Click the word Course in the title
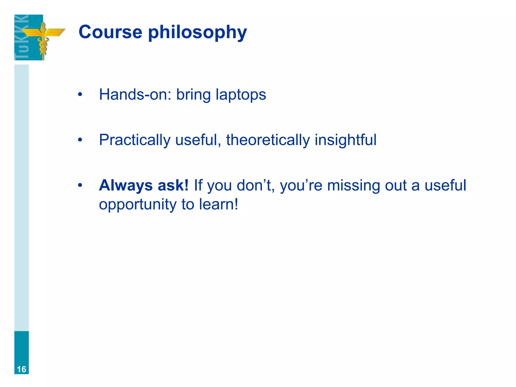click(110, 32)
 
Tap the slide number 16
click(21, 369)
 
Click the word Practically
click(135, 140)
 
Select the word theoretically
click(268, 140)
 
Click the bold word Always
click(126, 186)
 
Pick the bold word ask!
click(173, 185)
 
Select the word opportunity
click(138, 205)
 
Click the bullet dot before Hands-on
click(80, 95)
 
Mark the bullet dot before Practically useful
click(80, 140)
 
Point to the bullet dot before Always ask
click(80, 185)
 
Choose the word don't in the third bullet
click(255, 185)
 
